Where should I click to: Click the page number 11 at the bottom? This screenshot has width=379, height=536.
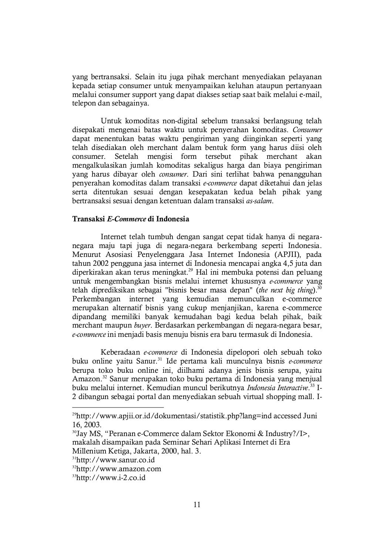(197, 505)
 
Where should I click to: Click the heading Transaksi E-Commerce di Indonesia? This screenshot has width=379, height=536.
(130, 219)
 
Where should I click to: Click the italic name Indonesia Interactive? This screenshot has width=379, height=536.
(277, 388)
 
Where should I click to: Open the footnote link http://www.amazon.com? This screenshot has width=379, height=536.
(118, 469)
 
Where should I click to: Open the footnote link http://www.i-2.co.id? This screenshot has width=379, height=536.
(111, 478)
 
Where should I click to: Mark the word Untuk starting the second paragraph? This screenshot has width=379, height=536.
(110, 121)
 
